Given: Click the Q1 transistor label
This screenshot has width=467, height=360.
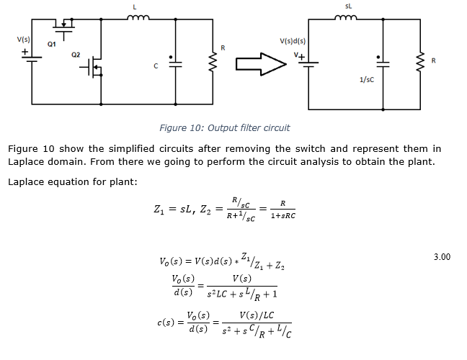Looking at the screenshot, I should click(51, 44).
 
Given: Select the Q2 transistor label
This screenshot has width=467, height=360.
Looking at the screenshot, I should click(76, 55).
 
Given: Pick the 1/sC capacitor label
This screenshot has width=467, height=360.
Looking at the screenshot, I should click(365, 79).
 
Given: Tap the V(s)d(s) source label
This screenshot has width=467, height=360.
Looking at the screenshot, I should click(292, 41).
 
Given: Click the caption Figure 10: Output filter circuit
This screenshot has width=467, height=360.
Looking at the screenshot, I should click(224, 128).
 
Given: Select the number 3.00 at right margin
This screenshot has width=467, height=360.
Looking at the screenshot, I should click(442, 256).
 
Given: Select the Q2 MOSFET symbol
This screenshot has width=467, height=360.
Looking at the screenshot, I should click(94, 69).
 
